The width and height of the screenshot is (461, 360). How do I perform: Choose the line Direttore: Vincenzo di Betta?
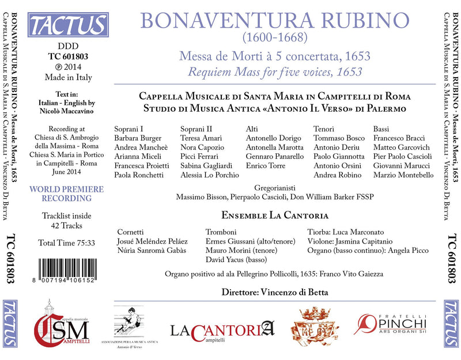[275, 293]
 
